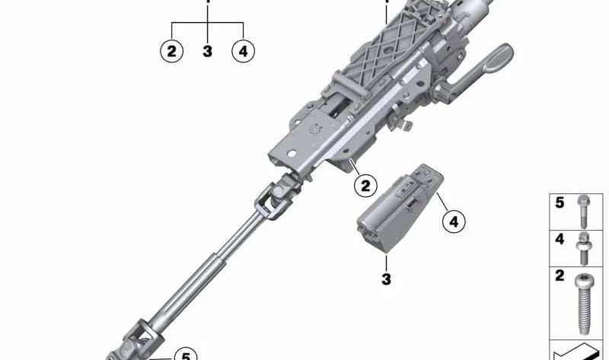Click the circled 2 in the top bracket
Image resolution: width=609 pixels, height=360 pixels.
[172, 51]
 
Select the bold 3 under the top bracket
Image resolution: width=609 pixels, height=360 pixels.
[207, 51]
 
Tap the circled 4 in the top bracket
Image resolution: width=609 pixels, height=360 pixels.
[243, 51]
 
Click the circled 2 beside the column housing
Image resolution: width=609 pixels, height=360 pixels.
[365, 186]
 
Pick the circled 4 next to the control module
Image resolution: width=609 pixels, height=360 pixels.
[454, 221]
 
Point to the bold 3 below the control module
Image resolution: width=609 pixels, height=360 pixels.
[386, 279]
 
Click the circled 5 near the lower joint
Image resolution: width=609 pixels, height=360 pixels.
[186, 355]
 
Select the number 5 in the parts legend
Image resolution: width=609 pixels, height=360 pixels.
[560, 202]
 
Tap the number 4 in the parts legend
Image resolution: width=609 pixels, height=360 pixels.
[560, 239]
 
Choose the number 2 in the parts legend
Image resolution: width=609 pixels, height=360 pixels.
[560, 276]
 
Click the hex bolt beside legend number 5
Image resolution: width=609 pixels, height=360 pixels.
[583, 212]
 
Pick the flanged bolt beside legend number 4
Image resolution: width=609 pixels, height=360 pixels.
[583, 248]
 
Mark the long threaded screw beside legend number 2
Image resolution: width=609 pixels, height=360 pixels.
[584, 304]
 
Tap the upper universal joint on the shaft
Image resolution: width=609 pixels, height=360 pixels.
[278, 196]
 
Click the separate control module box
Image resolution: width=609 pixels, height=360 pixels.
[400, 208]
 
